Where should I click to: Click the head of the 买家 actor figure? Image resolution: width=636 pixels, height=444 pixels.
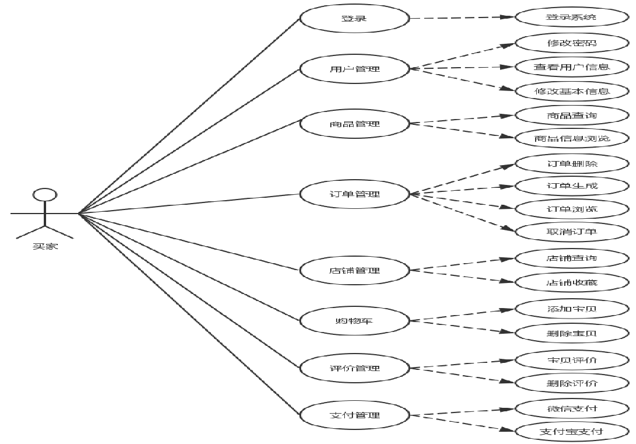[45, 194]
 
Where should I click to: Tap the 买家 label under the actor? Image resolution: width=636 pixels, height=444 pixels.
[45, 246]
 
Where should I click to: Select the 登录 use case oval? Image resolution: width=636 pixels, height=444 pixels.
[354, 18]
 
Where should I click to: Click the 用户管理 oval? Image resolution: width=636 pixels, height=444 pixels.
[354, 69]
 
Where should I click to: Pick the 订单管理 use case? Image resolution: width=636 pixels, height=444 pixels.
[354, 194]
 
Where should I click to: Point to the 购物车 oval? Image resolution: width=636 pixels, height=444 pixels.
[354, 320]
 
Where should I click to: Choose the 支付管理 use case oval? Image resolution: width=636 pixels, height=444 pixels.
[354, 415]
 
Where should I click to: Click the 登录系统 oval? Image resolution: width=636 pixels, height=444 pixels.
[572, 17]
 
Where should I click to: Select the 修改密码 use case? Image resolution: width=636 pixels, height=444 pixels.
[572, 43]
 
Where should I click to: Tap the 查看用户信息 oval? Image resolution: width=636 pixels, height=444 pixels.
[572, 67]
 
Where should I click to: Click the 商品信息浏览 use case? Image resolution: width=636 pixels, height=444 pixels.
[572, 139]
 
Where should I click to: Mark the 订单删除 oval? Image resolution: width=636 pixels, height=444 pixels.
[572, 163]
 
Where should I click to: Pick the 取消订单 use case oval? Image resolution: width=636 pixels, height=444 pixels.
[572, 232]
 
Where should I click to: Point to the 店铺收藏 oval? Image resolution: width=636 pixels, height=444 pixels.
[572, 283]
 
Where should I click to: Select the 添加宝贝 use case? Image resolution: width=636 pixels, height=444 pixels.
[572, 309]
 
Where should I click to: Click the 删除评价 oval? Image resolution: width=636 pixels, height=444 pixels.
[572, 383]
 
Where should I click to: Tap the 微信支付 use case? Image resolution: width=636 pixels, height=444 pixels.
[572, 408]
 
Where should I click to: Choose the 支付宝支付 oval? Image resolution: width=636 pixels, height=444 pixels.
[572, 432]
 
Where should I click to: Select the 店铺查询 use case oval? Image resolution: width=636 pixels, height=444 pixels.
[572, 258]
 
